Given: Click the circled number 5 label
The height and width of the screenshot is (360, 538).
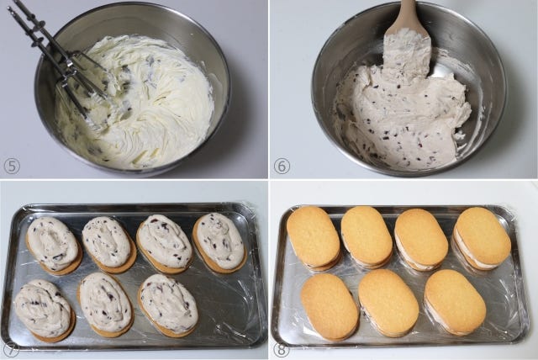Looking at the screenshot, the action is coord(12,167).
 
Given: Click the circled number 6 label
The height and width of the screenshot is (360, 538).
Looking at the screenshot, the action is coord(282,167).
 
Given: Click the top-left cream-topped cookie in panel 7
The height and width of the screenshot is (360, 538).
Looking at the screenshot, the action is coord(54,245).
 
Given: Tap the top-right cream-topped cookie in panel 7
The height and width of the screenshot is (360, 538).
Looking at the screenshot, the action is coord(220,242).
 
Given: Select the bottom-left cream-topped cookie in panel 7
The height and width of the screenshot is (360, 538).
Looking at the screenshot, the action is coord(45,310).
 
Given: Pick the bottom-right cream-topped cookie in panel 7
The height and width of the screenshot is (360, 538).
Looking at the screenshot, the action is coord(168,304).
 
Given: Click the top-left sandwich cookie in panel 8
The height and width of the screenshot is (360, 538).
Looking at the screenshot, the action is coord(314,238).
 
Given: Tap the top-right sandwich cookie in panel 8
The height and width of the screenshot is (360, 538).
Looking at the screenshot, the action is coord(482,238).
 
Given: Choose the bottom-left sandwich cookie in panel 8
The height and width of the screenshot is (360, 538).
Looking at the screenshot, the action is coord(330,306).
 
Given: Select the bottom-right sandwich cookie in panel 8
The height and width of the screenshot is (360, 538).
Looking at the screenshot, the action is coord(455,302).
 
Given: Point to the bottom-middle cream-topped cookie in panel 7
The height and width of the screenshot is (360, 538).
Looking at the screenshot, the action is coord(105,304).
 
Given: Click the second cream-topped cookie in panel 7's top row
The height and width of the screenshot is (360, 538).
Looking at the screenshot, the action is coord(108,244).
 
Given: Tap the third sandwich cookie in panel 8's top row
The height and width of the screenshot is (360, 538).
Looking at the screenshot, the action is coord(420,239).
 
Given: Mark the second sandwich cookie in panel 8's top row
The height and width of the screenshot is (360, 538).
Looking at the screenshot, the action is coord(367,237).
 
